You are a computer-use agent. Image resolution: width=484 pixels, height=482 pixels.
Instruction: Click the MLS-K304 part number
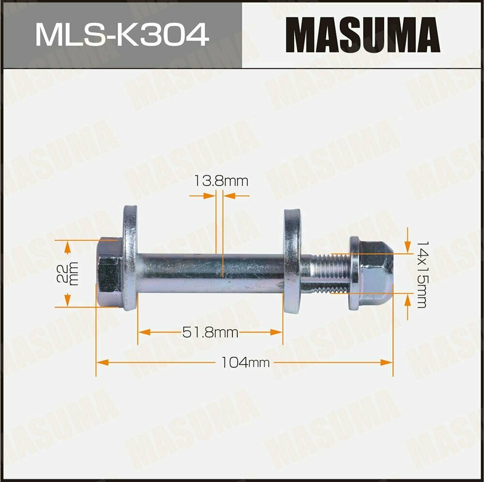click(x=121, y=35)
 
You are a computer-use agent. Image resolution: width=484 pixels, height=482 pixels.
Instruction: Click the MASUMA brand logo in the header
click(x=363, y=35)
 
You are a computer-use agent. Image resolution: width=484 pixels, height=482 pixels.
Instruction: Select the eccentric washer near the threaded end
click(x=291, y=261)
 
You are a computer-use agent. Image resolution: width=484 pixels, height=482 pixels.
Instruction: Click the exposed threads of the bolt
click(x=327, y=274)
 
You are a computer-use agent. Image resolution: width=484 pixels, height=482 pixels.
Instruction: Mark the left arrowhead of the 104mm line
click(x=100, y=362)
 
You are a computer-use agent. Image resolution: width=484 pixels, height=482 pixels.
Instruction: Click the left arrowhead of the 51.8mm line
click(x=141, y=333)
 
